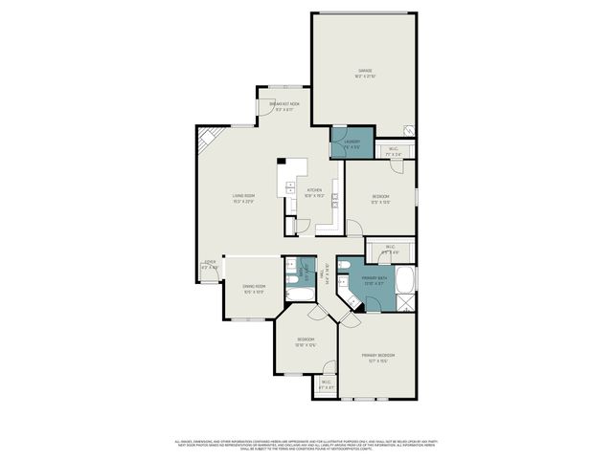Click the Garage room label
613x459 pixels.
[365, 72]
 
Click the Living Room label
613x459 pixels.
[242, 199]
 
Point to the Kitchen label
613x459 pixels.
[315, 192]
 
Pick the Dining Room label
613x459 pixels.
[253, 289]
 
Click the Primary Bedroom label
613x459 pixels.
[378, 357]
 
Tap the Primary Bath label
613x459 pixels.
[375, 280]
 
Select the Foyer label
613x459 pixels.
[210, 264]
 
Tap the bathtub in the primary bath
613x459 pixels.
[406, 281]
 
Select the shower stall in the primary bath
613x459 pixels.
[406, 304]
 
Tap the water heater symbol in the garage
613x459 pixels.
[408, 131]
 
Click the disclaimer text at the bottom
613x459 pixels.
[306, 445]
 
